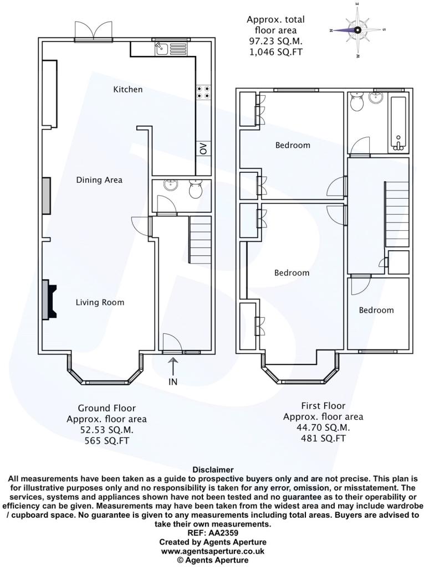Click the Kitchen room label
click(128, 89)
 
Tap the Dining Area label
click(99, 180)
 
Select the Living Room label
click(100, 302)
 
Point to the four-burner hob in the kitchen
click(203, 92)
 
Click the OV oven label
click(203, 148)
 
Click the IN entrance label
click(173, 382)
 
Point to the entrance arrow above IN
click(173, 366)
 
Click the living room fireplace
click(49, 300)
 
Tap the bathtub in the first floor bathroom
click(399, 125)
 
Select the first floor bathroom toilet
click(357, 101)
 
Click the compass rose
click(357, 30)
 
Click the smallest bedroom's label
click(376, 310)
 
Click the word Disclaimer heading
click(213, 470)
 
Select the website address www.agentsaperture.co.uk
click(212, 551)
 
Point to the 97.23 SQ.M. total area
click(275, 41)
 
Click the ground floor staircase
click(200, 240)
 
